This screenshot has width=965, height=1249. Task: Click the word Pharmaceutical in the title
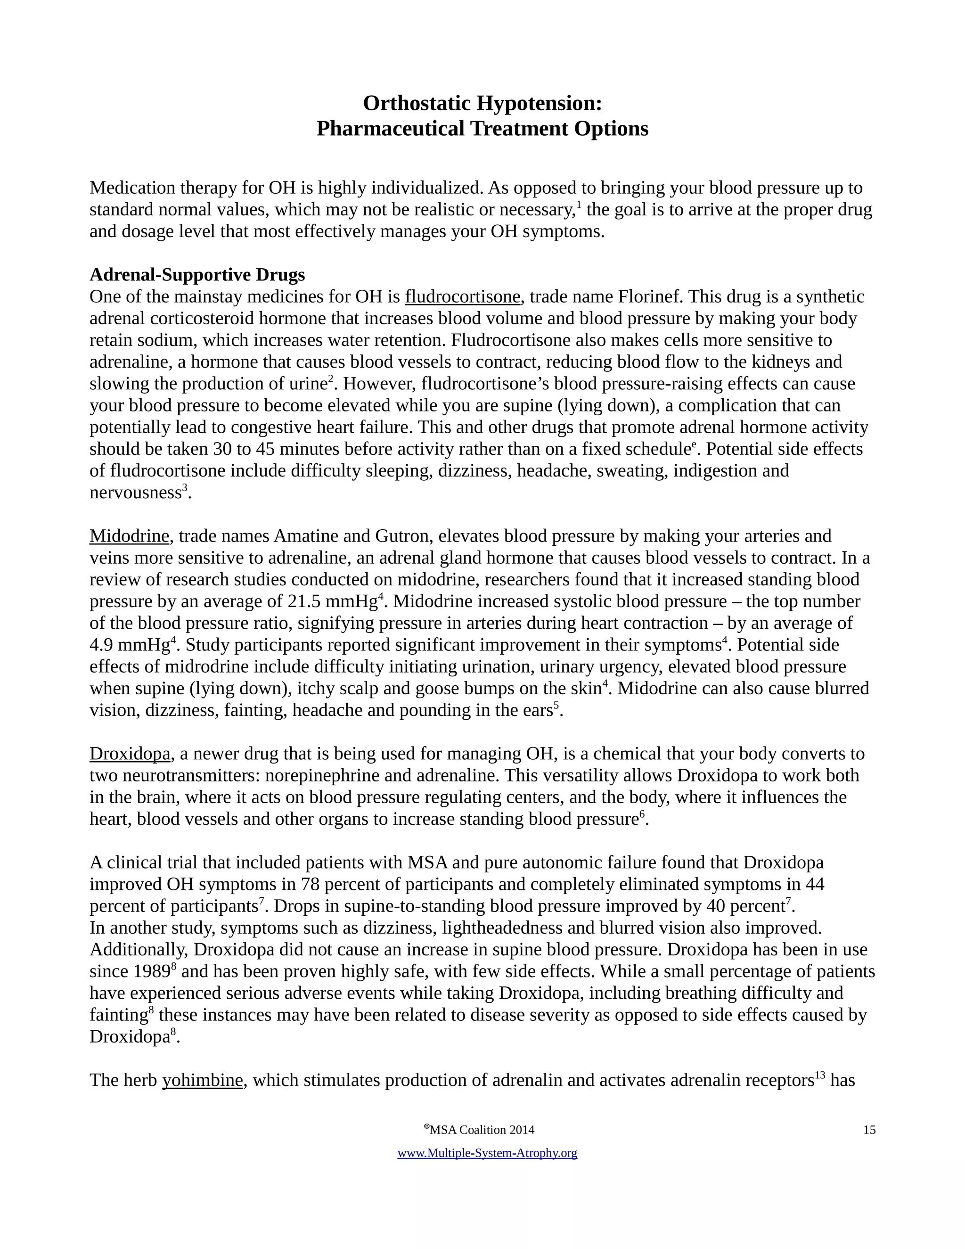tap(391, 129)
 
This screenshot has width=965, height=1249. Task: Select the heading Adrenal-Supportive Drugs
tap(197, 275)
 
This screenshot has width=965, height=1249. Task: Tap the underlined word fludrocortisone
tap(463, 297)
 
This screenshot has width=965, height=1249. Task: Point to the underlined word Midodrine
tap(129, 536)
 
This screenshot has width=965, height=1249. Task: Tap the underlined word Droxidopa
tap(130, 754)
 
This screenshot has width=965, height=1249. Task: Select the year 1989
tap(152, 972)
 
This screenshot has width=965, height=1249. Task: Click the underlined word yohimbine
tap(202, 1080)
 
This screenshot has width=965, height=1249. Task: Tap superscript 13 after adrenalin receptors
tap(820, 1075)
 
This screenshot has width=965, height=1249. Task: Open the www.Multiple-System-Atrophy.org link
tap(487, 1153)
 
